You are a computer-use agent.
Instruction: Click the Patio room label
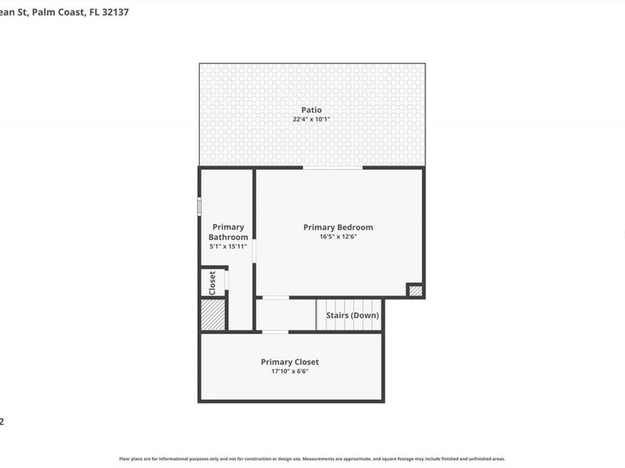click(311, 110)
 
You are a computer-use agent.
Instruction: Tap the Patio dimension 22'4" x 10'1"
click(311, 119)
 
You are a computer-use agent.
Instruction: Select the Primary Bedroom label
click(338, 227)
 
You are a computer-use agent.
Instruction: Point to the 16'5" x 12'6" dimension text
click(338, 237)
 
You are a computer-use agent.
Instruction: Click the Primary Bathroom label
click(228, 232)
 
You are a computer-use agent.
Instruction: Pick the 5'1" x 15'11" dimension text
click(228, 246)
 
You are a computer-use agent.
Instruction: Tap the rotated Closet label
click(212, 282)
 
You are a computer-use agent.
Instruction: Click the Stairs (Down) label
click(353, 315)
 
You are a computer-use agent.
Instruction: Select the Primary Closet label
click(290, 362)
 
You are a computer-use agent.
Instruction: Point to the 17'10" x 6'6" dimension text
click(290, 372)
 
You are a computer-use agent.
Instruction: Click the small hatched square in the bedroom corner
click(415, 291)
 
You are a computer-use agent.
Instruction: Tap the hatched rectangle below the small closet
click(212, 315)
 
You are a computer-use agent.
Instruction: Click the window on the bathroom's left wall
click(199, 206)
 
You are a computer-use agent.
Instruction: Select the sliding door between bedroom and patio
click(332, 167)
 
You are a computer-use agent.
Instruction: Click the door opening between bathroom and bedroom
click(254, 251)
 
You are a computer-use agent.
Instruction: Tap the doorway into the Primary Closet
click(275, 332)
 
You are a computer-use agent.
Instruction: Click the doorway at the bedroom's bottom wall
click(275, 297)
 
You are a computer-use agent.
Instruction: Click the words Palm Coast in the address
click(58, 12)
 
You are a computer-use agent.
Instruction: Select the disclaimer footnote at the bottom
click(312, 458)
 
